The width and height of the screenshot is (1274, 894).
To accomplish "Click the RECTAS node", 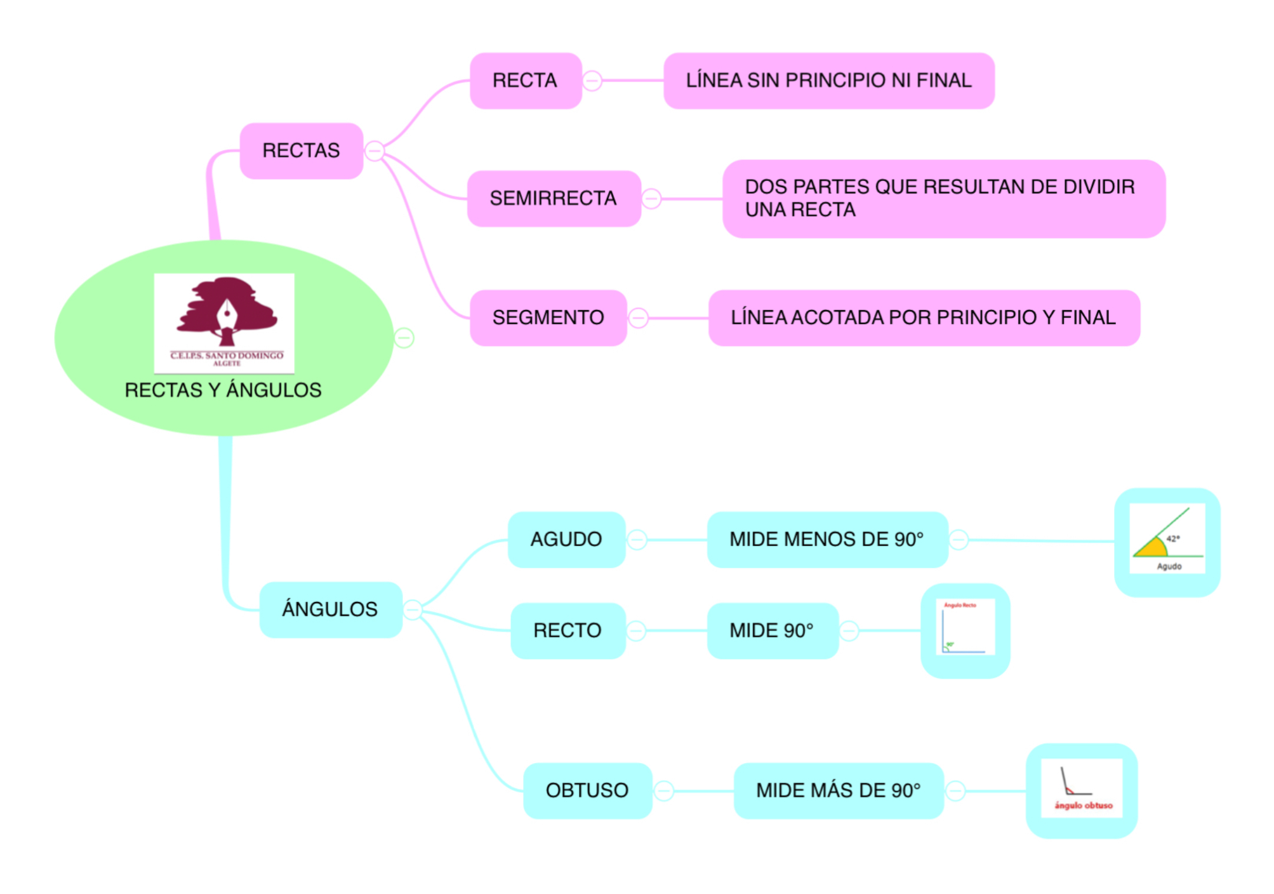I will (x=301, y=151).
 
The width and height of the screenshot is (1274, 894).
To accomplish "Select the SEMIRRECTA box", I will (x=553, y=199).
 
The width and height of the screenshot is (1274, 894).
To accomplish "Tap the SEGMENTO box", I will (x=548, y=318).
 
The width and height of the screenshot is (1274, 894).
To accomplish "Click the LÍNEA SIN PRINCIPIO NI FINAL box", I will (x=828, y=81).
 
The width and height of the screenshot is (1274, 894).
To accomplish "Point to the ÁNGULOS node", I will (x=330, y=609).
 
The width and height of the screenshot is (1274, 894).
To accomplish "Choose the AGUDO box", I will (x=566, y=539).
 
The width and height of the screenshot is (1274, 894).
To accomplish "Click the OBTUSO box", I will (x=587, y=790).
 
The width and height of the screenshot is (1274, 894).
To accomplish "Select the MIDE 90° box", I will (x=771, y=630).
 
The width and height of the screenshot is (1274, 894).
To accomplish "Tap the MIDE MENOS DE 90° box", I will (x=826, y=539).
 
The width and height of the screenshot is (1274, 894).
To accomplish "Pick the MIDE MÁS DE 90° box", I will (x=838, y=790).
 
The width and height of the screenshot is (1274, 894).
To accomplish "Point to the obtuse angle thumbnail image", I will (x=1081, y=789).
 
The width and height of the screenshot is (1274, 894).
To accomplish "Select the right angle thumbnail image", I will (x=965, y=627).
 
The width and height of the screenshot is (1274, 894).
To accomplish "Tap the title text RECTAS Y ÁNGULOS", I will (x=223, y=390).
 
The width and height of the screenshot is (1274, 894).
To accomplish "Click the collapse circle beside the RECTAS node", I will (x=375, y=151).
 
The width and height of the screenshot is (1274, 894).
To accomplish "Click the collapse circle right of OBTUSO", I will (x=664, y=790).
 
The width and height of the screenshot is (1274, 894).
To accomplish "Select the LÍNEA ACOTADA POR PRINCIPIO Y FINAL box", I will (x=923, y=318).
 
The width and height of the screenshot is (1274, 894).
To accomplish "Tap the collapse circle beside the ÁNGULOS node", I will (x=413, y=609).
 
